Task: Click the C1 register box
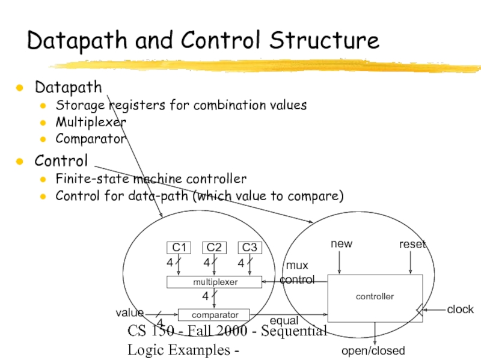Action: (x=178, y=248)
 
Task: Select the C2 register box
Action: (x=214, y=248)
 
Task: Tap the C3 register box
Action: (x=249, y=248)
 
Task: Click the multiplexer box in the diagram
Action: (x=215, y=281)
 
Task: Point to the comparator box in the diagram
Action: (x=215, y=314)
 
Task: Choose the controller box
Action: (x=375, y=297)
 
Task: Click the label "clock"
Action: (x=460, y=310)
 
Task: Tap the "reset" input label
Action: (x=412, y=244)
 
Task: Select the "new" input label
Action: (x=342, y=243)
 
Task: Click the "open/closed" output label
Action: (x=373, y=350)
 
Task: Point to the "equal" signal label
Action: (x=284, y=321)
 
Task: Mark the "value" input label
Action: (x=130, y=313)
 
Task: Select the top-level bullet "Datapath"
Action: (x=68, y=87)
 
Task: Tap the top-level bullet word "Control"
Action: (x=61, y=161)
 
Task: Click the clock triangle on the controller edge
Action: (x=419, y=309)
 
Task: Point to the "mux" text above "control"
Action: (x=296, y=265)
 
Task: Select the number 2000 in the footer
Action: (x=239, y=331)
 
